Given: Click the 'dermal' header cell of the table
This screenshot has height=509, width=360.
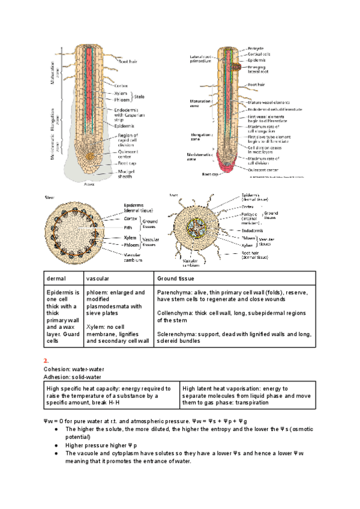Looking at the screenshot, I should pos(55,279).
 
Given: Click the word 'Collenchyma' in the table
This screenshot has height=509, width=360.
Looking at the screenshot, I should pos(173,313).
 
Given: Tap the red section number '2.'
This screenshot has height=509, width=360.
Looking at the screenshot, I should pos(46,360).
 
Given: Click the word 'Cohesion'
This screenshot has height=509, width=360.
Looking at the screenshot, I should pos(56,369).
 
